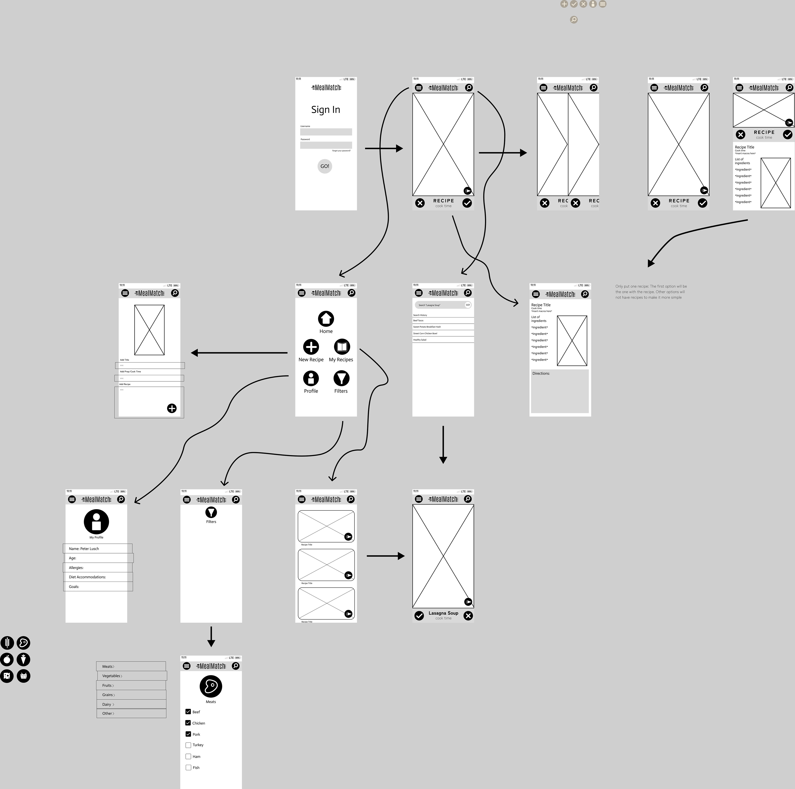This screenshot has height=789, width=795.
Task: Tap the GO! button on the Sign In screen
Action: pos(325,166)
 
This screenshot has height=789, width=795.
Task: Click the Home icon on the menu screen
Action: pos(326,319)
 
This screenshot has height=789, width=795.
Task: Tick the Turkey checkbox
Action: pos(188,745)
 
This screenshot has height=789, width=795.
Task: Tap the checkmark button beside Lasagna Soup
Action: pos(419,615)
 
